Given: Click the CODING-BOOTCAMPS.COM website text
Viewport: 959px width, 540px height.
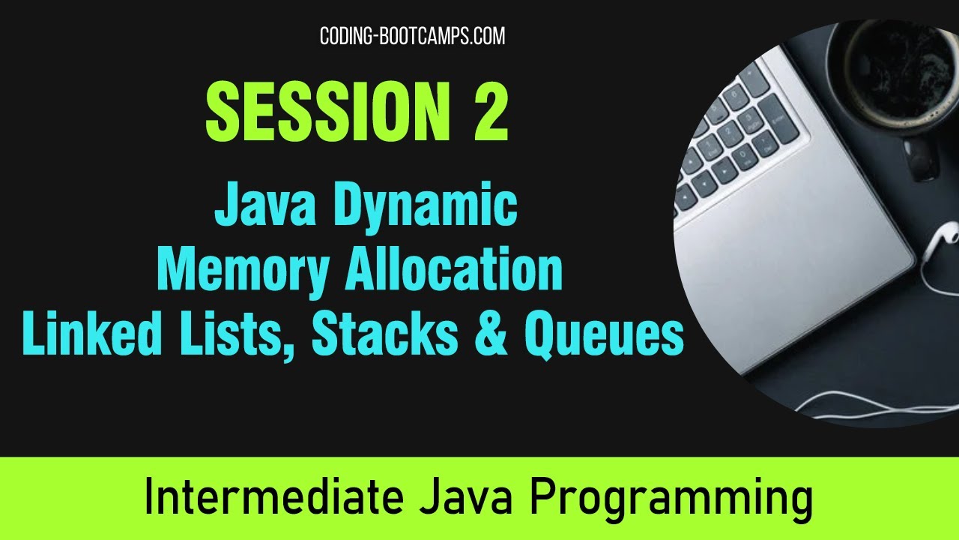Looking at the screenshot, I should coord(412,36).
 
